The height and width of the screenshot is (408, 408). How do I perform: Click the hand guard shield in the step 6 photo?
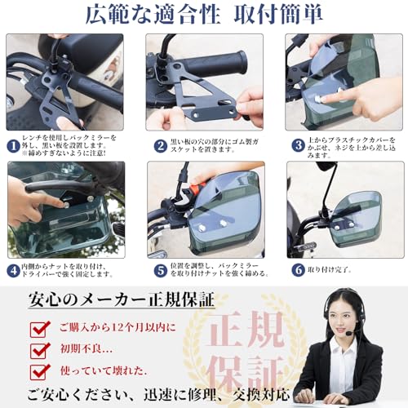[357, 219]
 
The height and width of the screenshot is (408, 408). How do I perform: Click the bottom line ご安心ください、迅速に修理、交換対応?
[159, 396]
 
